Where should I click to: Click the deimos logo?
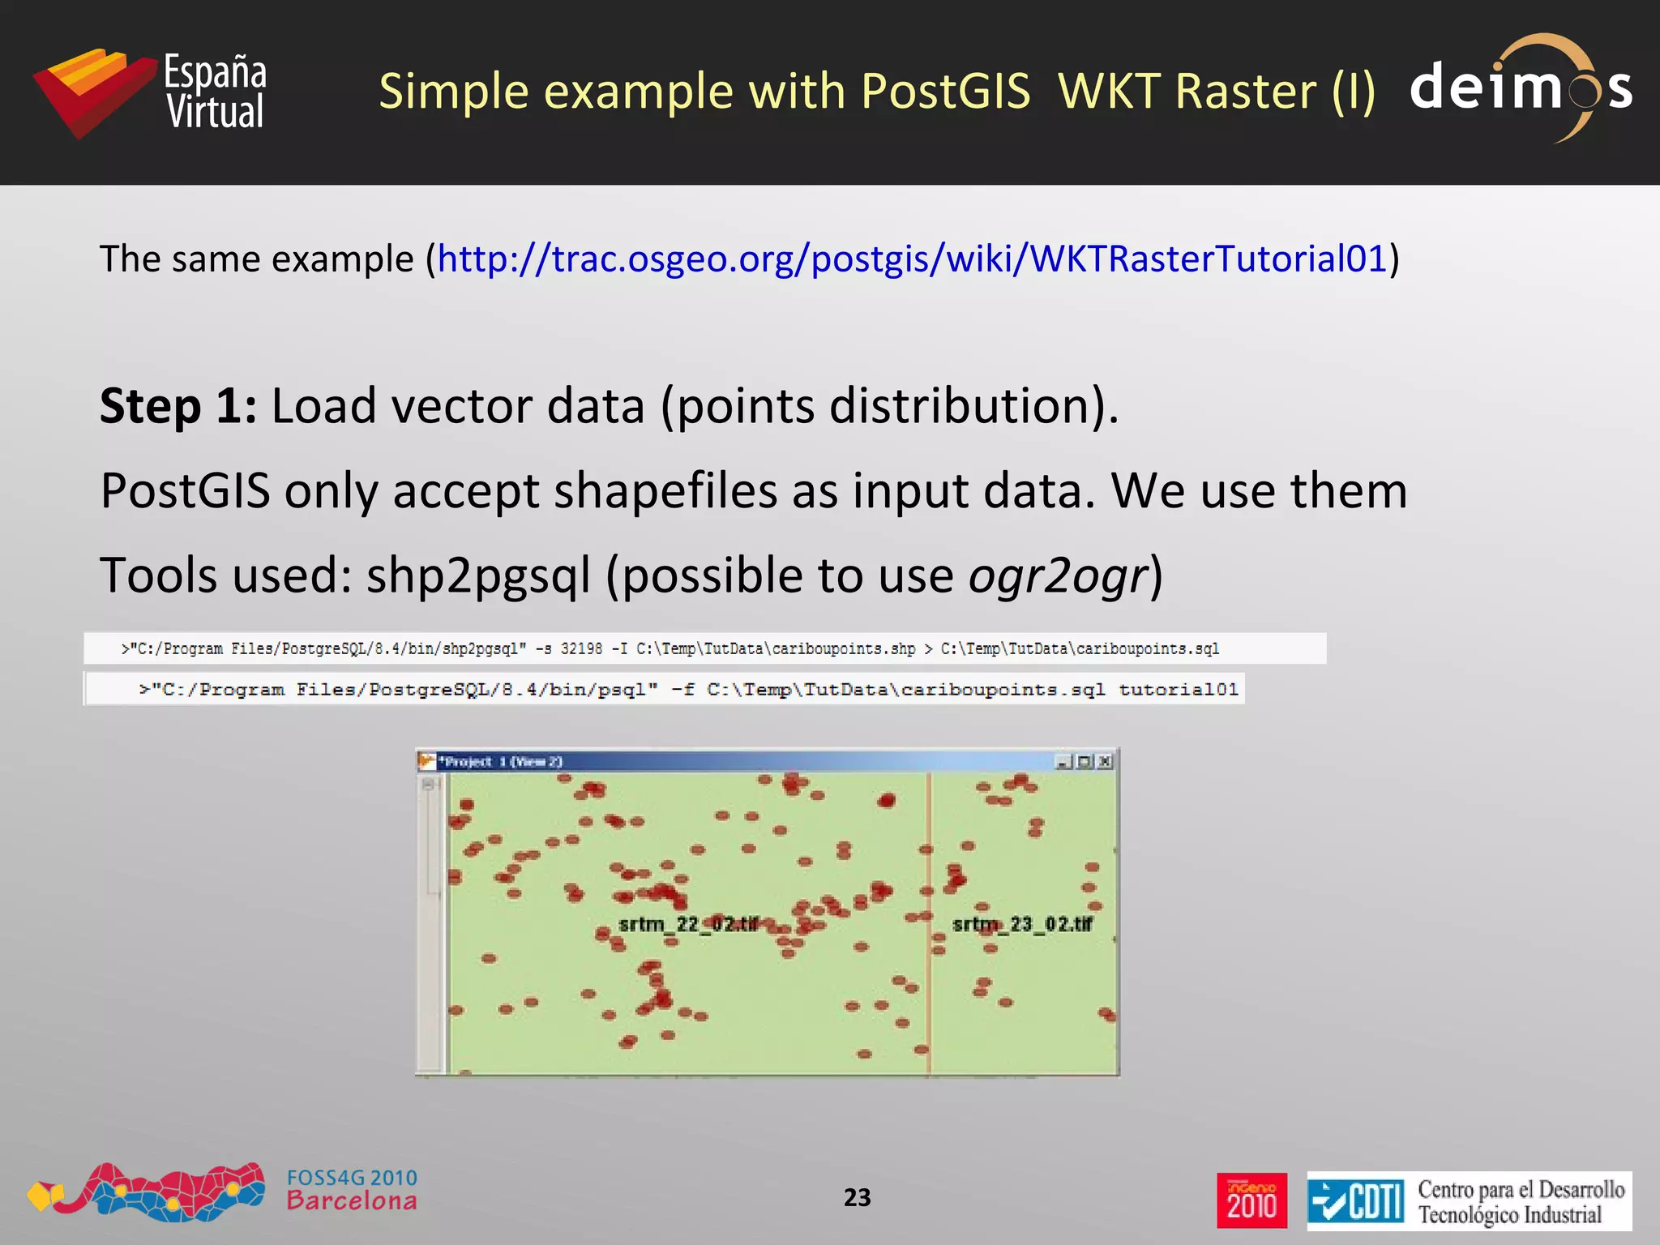click(x=1521, y=88)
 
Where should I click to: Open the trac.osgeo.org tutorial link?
click(x=912, y=259)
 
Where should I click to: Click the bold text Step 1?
click(x=178, y=405)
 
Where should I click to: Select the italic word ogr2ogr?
click(x=1059, y=575)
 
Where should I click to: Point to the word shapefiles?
click(x=665, y=491)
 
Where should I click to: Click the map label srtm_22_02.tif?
click(x=688, y=924)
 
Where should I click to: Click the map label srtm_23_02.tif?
click(x=1022, y=924)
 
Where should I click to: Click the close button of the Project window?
click(x=1105, y=761)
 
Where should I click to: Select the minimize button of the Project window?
click(x=1063, y=761)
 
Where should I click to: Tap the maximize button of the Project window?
click(x=1085, y=761)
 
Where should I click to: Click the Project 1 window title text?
click(x=500, y=761)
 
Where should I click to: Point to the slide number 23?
click(x=857, y=1197)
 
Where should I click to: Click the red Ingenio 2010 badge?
click(x=1251, y=1200)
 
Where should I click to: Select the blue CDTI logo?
click(x=1355, y=1200)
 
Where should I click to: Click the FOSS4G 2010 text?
click(x=352, y=1178)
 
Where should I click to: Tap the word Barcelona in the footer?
click(x=352, y=1201)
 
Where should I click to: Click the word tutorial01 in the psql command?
click(x=1179, y=690)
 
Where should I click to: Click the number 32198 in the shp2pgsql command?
click(x=581, y=649)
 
